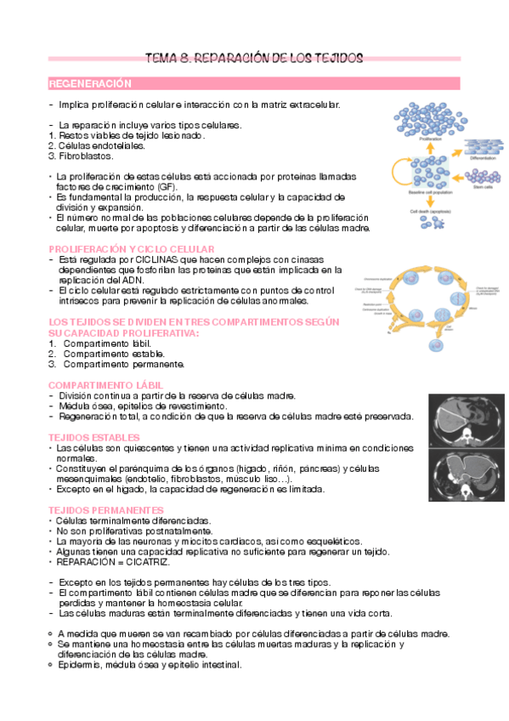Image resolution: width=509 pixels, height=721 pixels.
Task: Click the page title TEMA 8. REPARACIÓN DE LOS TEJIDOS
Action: coord(254,59)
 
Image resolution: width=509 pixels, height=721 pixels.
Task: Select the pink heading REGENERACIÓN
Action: coord(90,84)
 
